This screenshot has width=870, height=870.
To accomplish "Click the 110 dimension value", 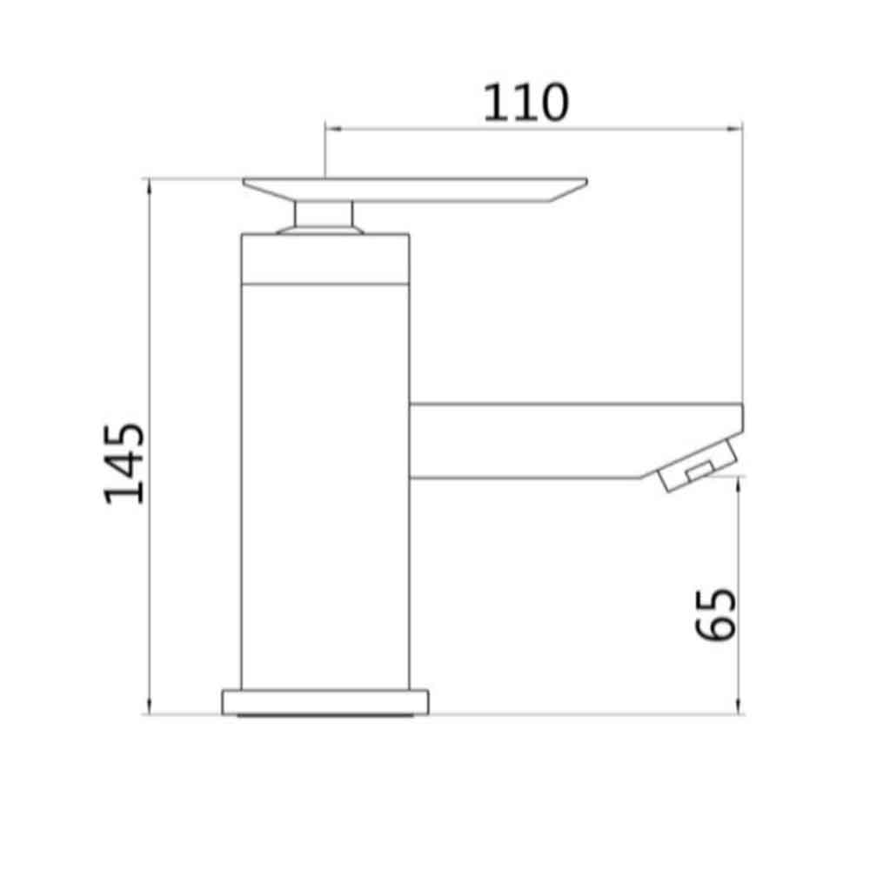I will click(x=525, y=103).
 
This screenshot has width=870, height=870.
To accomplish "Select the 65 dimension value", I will click(x=718, y=614).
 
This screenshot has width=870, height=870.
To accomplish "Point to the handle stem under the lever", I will click(x=324, y=213).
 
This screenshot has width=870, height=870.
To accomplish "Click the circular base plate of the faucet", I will click(x=326, y=701).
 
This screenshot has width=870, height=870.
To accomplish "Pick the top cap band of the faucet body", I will click(x=324, y=258).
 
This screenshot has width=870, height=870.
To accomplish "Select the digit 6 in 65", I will click(x=718, y=628).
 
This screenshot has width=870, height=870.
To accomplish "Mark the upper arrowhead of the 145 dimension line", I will click(x=150, y=183).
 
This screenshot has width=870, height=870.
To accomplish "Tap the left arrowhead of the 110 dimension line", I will click(x=330, y=129).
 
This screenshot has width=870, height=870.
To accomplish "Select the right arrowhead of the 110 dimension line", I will click(x=739, y=129).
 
